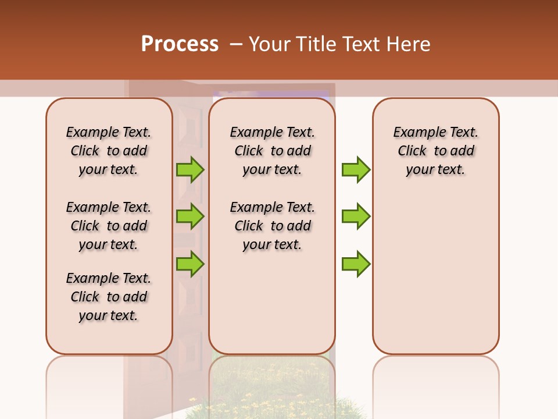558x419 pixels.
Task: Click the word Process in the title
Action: (180, 44)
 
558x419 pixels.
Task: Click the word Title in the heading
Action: (317, 44)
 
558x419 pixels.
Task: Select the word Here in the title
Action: (409, 44)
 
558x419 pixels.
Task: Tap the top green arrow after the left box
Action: (190, 169)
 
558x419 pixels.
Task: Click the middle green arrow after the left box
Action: (190, 216)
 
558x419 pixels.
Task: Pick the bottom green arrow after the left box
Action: (190, 264)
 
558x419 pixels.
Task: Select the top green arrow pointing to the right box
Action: (356, 169)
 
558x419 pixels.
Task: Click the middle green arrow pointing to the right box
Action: (356, 216)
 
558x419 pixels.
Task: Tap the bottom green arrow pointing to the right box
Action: (356, 264)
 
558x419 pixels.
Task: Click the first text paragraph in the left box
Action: (109, 151)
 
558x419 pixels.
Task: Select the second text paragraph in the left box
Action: (109, 226)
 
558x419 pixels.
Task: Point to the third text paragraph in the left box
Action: (109, 297)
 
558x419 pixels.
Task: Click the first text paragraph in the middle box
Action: (272, 151)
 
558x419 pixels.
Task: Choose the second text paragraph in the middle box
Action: (272, 226)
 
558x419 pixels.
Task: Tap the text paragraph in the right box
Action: (435, 151)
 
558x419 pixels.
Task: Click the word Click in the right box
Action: (412, 151)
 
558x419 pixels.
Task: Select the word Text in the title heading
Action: (363, 44)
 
